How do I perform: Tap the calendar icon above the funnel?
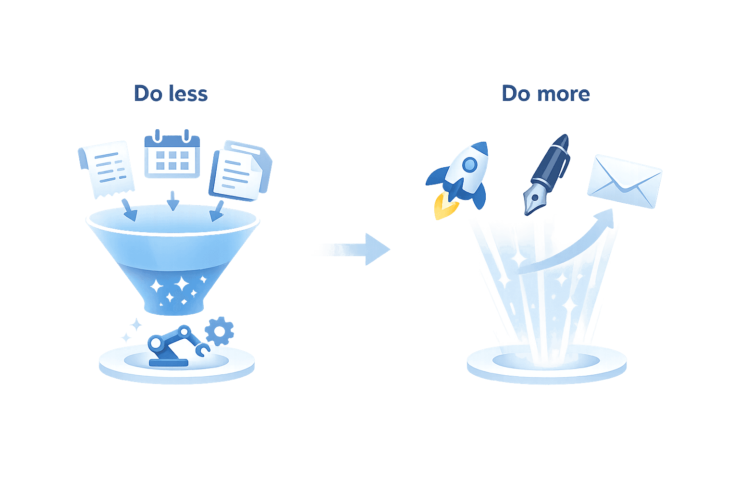point(172,155)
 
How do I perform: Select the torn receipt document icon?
point(107,168)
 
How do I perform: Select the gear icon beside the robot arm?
point(220,330)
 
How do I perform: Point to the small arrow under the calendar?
point(172,200)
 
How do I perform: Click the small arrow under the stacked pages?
point(217,211)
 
